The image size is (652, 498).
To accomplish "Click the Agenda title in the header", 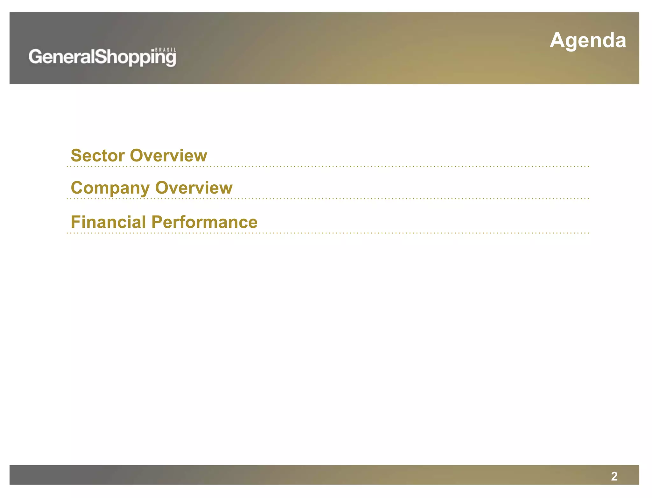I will [588, 41].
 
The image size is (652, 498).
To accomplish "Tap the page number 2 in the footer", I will [614, 476].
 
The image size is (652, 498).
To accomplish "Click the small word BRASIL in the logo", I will [166, 50].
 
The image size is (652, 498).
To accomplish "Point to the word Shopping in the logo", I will [135, 58].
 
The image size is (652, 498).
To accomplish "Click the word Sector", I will [98, 155].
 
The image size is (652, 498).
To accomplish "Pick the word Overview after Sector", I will [168, 155].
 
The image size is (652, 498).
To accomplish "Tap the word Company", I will [110, 188].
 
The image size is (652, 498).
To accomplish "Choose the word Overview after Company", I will [194, 188].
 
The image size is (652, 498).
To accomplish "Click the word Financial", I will [108, 222].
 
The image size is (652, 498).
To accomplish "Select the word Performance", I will [204, 222].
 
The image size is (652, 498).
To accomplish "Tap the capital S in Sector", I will [76, 155].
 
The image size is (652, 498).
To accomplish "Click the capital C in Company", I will [77, 188].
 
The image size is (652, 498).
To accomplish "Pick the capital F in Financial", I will [75, 222].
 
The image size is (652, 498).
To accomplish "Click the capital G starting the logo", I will [35, 57].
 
